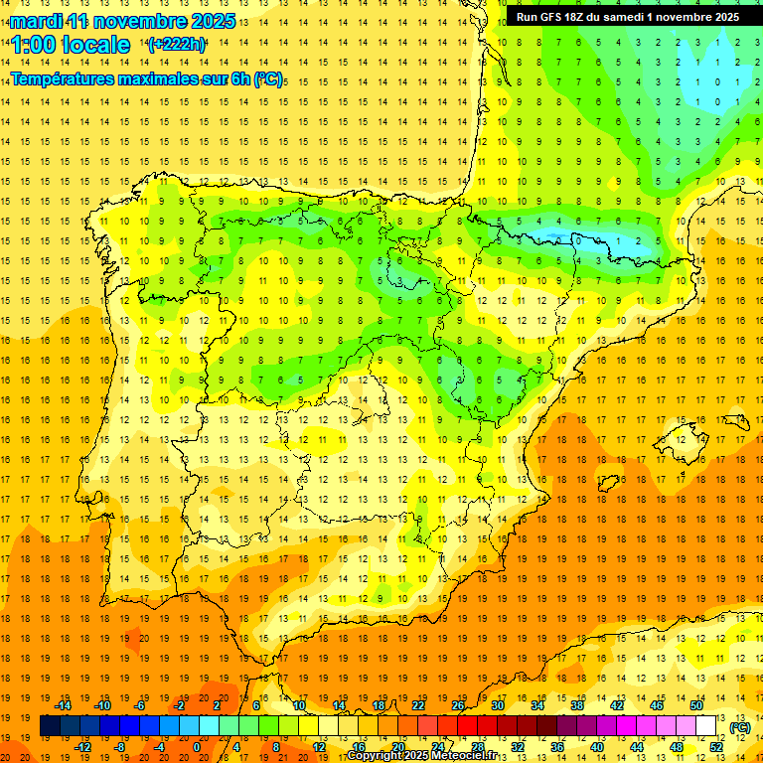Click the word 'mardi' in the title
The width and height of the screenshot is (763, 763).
pos(34,21)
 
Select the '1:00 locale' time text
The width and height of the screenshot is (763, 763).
pos(71,45)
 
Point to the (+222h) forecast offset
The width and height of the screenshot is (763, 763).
pos(176,45)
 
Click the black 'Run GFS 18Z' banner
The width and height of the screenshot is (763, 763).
pos(627,17)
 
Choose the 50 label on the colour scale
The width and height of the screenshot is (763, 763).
pos(696,705)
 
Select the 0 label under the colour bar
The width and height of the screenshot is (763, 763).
pos(197,747)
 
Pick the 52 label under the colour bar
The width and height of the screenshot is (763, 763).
pos(716,747)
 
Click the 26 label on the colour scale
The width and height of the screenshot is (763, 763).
pos(458,705)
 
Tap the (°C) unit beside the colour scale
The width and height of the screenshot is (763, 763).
pos(739,727)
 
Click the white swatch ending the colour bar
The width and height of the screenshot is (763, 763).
pos(706,726)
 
